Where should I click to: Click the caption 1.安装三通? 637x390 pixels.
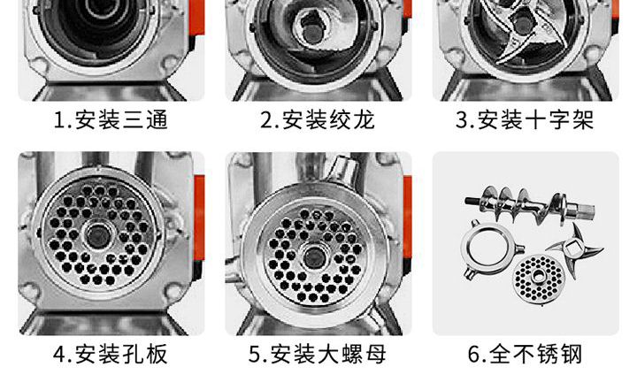click(x=111, y=119)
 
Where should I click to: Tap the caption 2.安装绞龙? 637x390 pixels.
click(x=318, y=119)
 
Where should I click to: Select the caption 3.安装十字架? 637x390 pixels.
click(x=525, y=119)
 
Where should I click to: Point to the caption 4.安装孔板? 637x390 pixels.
click(x=111, y=356)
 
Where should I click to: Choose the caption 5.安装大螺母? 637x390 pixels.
click(x=318, y=356)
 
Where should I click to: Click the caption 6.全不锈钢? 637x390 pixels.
click(x=525, y=356)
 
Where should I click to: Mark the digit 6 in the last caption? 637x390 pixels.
click(x=474, y=356)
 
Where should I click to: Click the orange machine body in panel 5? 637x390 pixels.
click(x=406, y=212)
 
